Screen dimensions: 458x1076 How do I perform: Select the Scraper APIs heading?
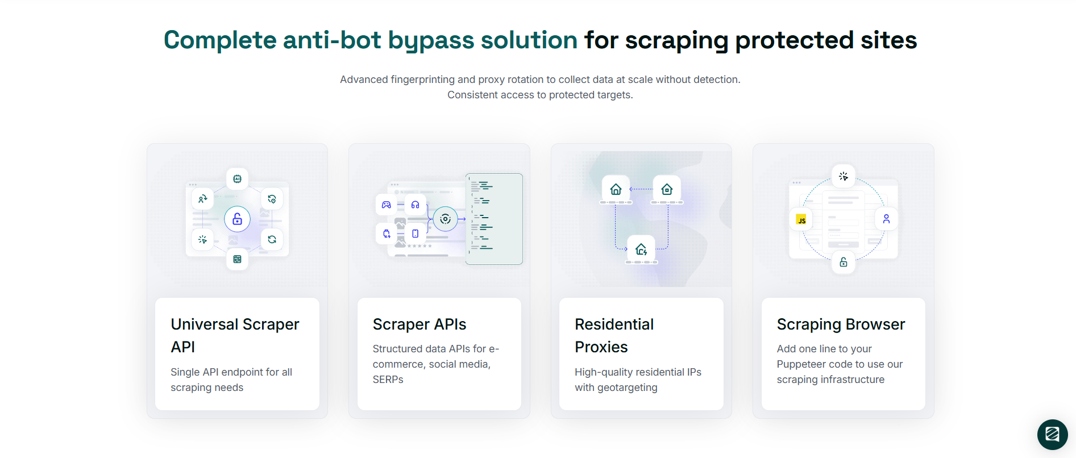click(x=419, y=324)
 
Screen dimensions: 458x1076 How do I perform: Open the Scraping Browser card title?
click(x=841, y=324)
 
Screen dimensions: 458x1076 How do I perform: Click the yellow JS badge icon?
click(x=801, y=220)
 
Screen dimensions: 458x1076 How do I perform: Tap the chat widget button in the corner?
click(x=1052, y=435)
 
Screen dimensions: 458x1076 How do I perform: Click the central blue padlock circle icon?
click(x=237, y=219)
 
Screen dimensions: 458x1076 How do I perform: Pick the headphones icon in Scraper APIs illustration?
click(x=416, y=205)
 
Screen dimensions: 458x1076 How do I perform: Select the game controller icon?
click(x=387, y=205)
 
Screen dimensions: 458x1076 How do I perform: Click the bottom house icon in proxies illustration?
click(x=641, y=249)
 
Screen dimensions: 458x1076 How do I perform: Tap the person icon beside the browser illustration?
click(x=886, y=219)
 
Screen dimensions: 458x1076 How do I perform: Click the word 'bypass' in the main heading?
click(x=431, y=40)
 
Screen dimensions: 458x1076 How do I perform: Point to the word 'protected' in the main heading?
click(x=794, y=40)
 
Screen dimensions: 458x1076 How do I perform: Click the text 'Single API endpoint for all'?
click(x=231, y=372)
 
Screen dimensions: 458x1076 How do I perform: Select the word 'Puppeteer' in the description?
click(x=803, y=364)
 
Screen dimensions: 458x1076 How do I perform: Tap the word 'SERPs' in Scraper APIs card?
click(x=388, y=380)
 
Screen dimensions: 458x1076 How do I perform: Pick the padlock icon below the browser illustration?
click(x=844, y=262)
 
